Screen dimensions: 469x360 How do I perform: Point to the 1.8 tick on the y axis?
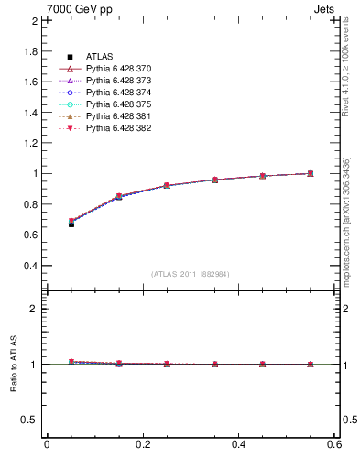29,51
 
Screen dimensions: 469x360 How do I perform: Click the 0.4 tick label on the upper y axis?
29,266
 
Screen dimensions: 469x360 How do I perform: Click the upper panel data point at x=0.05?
71,222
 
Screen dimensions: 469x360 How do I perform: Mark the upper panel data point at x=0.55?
311,173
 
